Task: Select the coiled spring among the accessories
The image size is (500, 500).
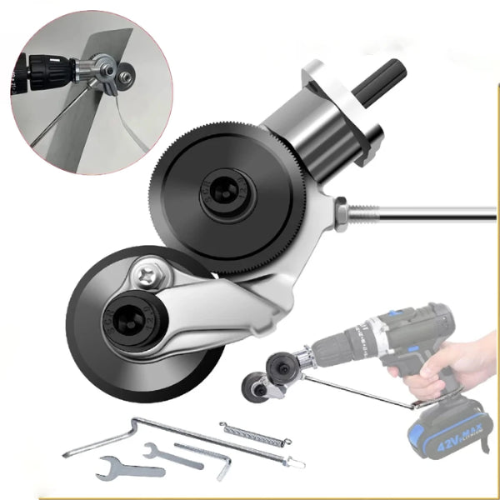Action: [253, 437]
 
